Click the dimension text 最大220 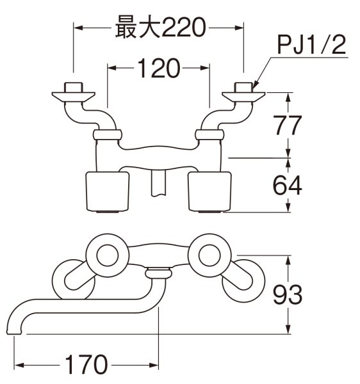(160, 27)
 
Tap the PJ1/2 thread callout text (311, 47)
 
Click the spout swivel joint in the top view (158, 273)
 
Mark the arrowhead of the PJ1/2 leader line (255, 86)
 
